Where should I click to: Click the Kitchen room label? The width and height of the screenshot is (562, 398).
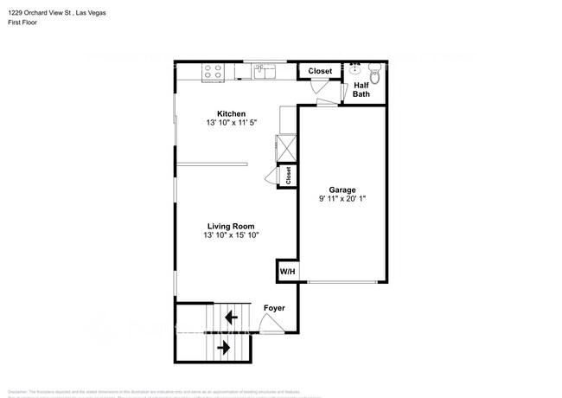click(x=231, y=113)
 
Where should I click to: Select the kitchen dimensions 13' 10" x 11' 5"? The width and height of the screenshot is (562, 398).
click(x=231, y=124)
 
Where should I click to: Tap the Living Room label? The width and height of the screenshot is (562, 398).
click(x=231, y=225)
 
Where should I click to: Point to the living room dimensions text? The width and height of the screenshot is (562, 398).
click(x=231, y=234)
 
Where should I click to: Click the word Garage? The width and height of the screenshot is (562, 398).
click(x=342, y=189)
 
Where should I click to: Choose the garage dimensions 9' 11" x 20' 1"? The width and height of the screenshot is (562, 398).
click(x=342, y=198)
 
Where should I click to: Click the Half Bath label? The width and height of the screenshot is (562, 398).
click(x=361, y=89)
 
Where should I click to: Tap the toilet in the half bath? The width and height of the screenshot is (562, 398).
click(x=374, y=70)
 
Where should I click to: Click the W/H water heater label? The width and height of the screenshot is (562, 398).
click(x=287, y=272)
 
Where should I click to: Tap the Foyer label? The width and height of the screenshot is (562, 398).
click(x=274, y=308)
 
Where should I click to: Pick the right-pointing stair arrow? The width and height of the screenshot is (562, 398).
click(x=223, y=348)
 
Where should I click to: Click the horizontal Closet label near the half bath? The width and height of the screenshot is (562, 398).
click(x=320, y=71)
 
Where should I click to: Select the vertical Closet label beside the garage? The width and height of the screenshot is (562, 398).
click(x=288, y=175)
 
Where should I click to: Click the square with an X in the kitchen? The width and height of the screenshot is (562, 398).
click(x=286, y=144)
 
